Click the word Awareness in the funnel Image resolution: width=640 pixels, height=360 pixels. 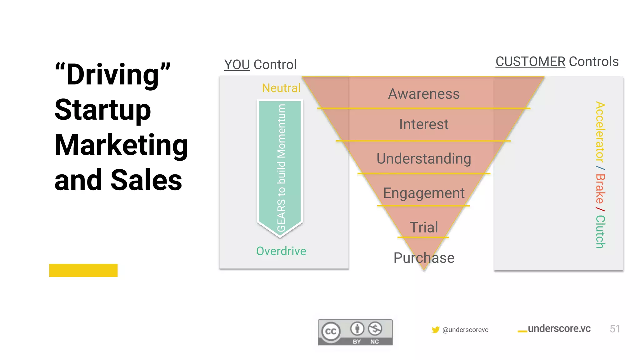click(x=424, y=94)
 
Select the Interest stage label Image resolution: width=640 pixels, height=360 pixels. click(x=424, y=124)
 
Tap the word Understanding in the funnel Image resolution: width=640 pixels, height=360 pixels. click(x=424, y=159)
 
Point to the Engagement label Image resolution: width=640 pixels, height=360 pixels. click(x=424, y=193)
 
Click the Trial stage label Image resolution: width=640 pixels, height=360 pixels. click(x=424, y=227)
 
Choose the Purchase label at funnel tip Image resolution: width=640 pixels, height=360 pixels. click(x=424, y=258)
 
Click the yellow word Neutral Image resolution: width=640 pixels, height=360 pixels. click(x=281, y=88)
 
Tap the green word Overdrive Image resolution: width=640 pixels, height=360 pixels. click(x=281, y=251)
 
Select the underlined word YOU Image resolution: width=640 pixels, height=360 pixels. click(x=237, y=65)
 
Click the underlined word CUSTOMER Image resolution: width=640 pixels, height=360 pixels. click(x=530, y=62)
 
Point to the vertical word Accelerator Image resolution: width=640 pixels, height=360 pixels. click(x=600, y=132)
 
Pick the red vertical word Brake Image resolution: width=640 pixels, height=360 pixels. click(x=600, y=189)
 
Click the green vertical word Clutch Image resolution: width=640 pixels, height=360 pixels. click(x=600, y=232)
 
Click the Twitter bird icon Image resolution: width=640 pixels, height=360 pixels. click(x=435, y=330)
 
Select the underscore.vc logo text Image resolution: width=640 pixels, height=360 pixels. click(x=559, y=329)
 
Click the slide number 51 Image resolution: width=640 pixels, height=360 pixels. click(x=615, y=329)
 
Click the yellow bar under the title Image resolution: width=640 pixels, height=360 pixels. click(x=83, y=270)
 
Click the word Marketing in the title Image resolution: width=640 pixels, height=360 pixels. click(x=121, y=145)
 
